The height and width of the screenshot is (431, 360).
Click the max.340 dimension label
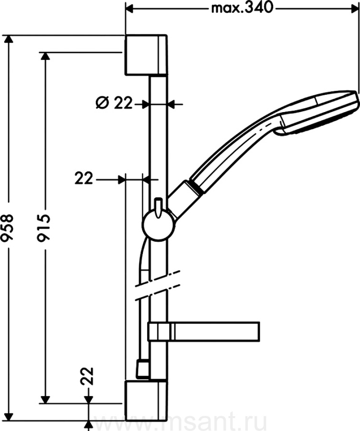(x=243, y=9)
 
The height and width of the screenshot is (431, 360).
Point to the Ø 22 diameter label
(x=114, y=103)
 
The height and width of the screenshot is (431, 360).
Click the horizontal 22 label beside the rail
(x=84, y=179)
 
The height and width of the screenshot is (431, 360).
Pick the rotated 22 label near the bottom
(x=87, y=376)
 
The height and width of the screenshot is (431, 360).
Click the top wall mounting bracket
(x=146, y=55)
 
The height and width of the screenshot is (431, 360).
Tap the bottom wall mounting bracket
(x=146, y=401)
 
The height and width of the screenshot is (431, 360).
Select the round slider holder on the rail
(x=158, y=226)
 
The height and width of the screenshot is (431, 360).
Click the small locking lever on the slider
(x=158, y=207)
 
